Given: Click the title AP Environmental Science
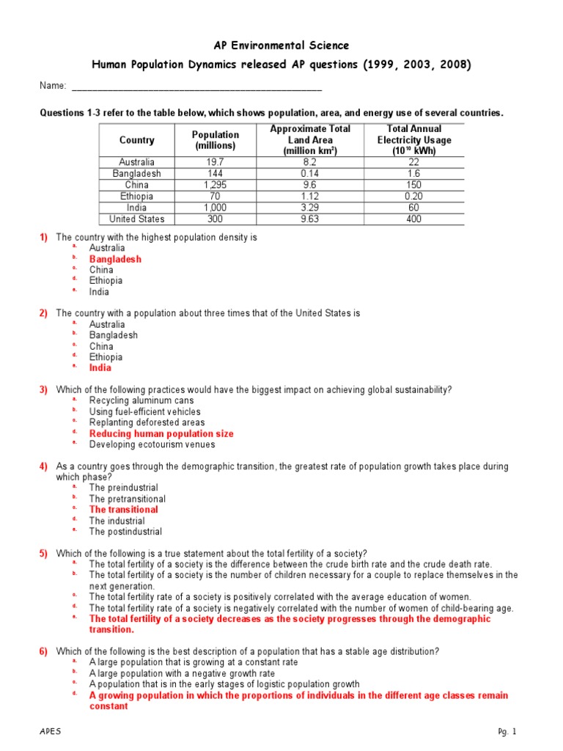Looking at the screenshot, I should coord(281,45).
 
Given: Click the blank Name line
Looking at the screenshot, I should coord(196,87).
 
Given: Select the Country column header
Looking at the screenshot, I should coord(136,139).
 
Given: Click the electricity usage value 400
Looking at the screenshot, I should coord(413,219).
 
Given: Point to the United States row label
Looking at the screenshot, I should coord(136,219).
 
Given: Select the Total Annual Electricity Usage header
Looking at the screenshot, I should coord(413,139).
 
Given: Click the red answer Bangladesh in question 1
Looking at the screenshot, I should coord(115,259).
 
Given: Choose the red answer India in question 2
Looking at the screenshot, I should coord(100,368).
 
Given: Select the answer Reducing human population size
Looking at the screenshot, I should coord(161,433).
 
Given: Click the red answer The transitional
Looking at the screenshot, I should coord(123,510).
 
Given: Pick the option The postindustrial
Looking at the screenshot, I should coord(125,532).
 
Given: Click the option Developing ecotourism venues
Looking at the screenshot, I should coord(152,444).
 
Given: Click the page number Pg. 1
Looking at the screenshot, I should coord(507,732).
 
